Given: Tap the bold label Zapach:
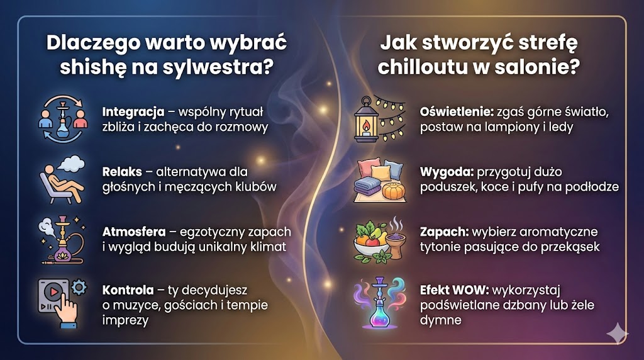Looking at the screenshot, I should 443,231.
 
